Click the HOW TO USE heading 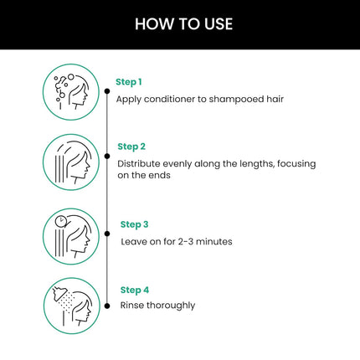(180, 24)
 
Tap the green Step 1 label (129, 82)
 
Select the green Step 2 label (132, 147)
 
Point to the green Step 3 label (134, 224)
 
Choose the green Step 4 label (134, 289)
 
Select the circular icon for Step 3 (71, 236)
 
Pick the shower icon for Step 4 (71, 306)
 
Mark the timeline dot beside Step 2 (106, 156)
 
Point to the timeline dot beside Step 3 (106, 234)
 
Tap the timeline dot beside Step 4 (106, 306)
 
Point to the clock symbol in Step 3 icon (60, 222)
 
